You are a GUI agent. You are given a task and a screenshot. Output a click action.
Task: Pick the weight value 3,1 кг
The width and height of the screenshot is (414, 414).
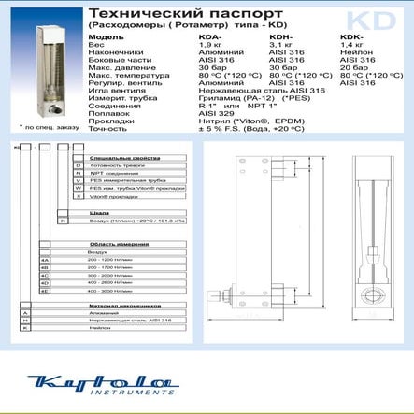click(x=282, y=44)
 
